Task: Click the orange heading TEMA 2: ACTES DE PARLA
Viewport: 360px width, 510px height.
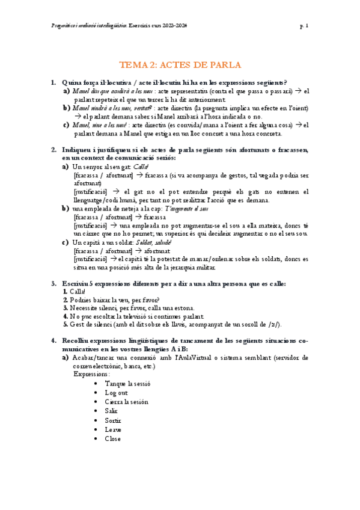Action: click(180, 64)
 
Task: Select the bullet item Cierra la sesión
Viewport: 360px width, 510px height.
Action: click(126, 402)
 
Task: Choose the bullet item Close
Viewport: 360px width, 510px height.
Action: click(112, 438)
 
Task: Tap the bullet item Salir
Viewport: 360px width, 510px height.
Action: click(112, 411)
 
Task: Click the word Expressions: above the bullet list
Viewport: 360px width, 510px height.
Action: click(92, 373)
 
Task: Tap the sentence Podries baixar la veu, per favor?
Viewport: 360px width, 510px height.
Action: click(117, 300)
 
